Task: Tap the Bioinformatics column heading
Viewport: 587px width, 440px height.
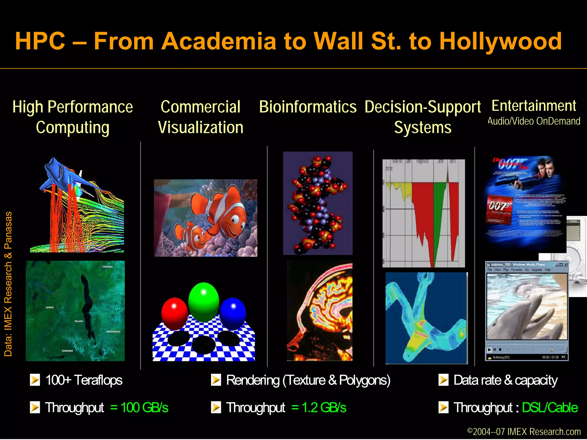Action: point(308,107)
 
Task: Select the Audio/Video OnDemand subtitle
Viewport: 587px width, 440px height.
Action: point(534,121)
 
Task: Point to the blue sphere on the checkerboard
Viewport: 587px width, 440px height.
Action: point(233,313)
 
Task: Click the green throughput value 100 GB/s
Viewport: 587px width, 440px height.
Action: point(139,407)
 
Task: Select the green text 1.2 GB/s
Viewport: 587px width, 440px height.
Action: point(319,407)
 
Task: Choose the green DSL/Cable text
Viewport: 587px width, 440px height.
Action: point(549,407)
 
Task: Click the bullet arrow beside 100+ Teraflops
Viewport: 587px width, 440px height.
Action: point(35,380)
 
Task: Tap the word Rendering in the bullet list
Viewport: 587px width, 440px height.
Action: point(253,380)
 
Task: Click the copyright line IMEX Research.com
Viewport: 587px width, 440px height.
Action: point(524,431)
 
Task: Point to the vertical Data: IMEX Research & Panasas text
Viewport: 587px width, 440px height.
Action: point(8,284)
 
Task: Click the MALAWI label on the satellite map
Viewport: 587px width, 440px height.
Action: point(79,321)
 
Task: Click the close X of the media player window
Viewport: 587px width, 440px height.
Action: point(566,264)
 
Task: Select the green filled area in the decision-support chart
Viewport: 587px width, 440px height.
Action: point(438,218)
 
